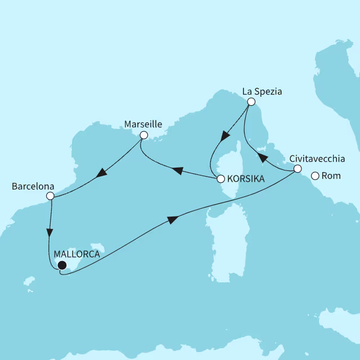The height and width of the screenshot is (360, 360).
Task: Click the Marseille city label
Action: coord(143,123)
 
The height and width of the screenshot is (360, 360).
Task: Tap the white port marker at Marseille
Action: coord(143,135)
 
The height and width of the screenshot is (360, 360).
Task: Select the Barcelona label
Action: coord(33,184)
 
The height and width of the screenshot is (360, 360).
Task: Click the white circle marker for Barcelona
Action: coord(50,196)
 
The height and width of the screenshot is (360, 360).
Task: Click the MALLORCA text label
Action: coord(76,254)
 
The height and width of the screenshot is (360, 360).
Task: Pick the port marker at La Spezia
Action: coord(251,101)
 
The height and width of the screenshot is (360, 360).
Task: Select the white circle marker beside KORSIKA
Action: coord(220,179)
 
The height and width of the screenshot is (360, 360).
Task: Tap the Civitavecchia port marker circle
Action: coord(298,169)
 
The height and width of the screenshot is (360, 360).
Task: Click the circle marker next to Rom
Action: coord(315,176)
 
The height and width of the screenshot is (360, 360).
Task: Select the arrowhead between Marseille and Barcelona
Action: coord(102,173)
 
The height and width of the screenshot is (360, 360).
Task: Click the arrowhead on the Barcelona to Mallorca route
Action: coord(51,232)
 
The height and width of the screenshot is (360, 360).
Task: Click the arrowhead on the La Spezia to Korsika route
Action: coord(226,136)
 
